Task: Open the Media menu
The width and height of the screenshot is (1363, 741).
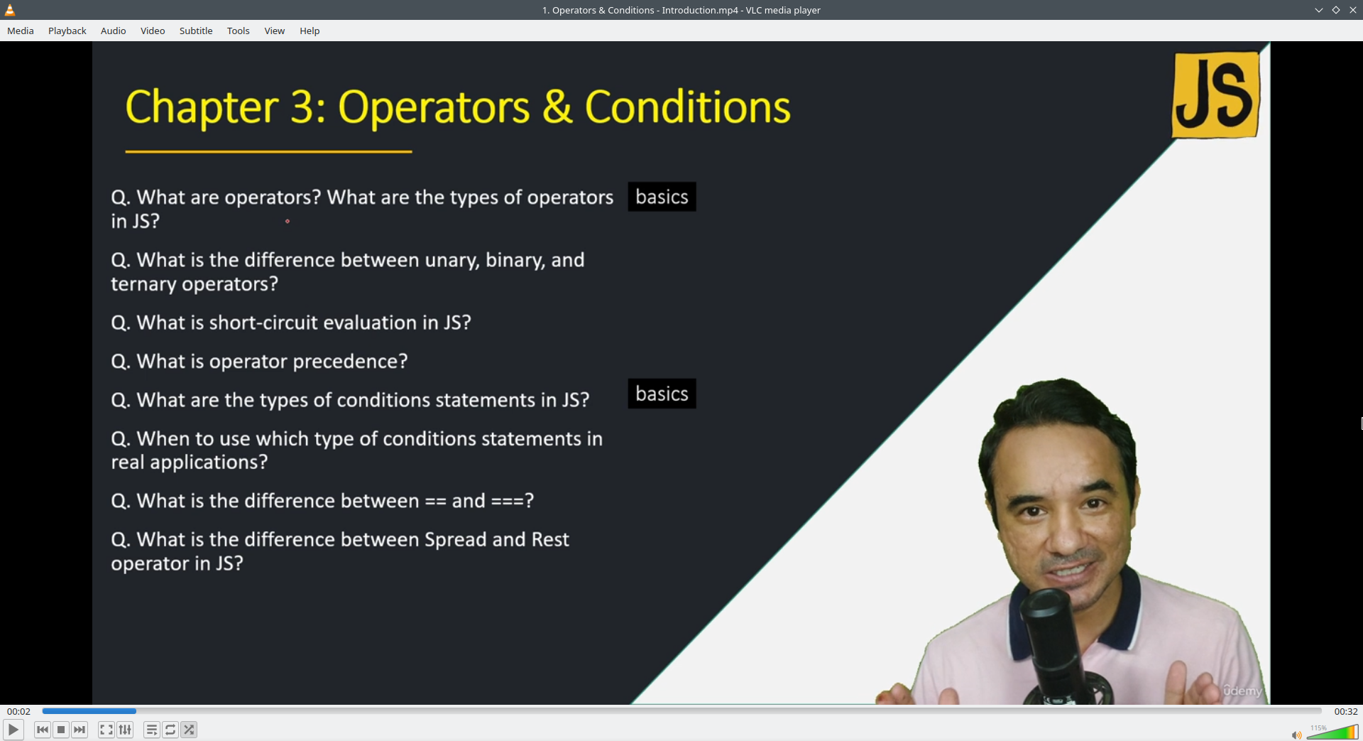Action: [21, 31]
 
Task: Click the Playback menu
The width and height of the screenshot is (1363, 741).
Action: [67, 31]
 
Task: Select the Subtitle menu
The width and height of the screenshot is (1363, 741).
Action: [196, 31]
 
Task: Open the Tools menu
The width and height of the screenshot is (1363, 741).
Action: [238, 31]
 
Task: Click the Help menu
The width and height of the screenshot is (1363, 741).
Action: [310, 31]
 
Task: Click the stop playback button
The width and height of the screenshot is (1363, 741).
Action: [61, 730]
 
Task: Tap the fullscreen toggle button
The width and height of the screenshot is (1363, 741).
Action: [106, 730]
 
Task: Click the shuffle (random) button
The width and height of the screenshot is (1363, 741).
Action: [189, 730]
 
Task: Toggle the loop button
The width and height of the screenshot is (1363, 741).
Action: [170, 730]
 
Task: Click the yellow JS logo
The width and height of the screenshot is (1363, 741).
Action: [1215, 95]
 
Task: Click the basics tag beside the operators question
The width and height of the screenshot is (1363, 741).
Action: [662, 197]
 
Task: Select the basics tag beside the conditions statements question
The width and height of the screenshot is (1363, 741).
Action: [662, 394]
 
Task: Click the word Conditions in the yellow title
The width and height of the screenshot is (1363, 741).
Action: [687, 107]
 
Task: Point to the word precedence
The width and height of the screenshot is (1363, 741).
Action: [350, 362]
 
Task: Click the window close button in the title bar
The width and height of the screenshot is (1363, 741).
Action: [1353, 10]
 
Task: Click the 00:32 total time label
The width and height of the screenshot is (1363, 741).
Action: [1345, 711]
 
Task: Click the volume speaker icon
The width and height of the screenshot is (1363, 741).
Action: [1296, 735]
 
